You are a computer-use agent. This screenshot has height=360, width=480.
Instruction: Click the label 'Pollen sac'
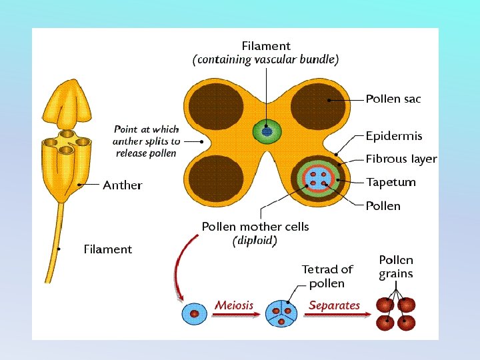click(393, 99)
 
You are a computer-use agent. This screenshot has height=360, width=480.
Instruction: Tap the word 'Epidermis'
click(393, 136)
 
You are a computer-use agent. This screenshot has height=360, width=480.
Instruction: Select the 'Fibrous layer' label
click(401, 159)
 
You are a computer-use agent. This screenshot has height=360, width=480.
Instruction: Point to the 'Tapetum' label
click(391, 182)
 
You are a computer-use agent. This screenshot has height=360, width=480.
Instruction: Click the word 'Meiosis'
click(234, 305)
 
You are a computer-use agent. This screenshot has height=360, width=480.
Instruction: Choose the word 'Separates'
click(334, 305)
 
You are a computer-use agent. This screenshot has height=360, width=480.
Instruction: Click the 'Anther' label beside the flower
click(122, 185)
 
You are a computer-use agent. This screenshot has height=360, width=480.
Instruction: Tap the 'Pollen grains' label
click(396, 267)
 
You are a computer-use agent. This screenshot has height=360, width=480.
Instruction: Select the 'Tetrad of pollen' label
click(327, 277)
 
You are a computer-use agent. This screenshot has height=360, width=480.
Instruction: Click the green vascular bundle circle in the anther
click(267, 131)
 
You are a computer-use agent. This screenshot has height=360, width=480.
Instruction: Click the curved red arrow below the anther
click(177, 267)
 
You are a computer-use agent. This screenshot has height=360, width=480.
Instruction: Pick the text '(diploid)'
click(255, 241)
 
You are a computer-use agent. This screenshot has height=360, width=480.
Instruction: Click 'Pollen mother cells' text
click(255, 227)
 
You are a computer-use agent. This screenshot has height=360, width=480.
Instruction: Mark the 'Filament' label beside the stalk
click(108, 249)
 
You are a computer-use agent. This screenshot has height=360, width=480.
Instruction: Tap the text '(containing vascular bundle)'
click(265, 59)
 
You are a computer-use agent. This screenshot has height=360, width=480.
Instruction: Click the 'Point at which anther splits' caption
click(147, 141)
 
